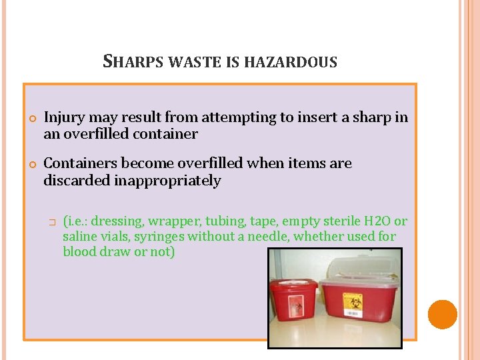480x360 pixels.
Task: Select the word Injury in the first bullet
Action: (x=65, y=117)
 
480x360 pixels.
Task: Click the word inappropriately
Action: (x=167, y=181)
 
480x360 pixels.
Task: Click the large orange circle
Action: (x=442, y=314)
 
